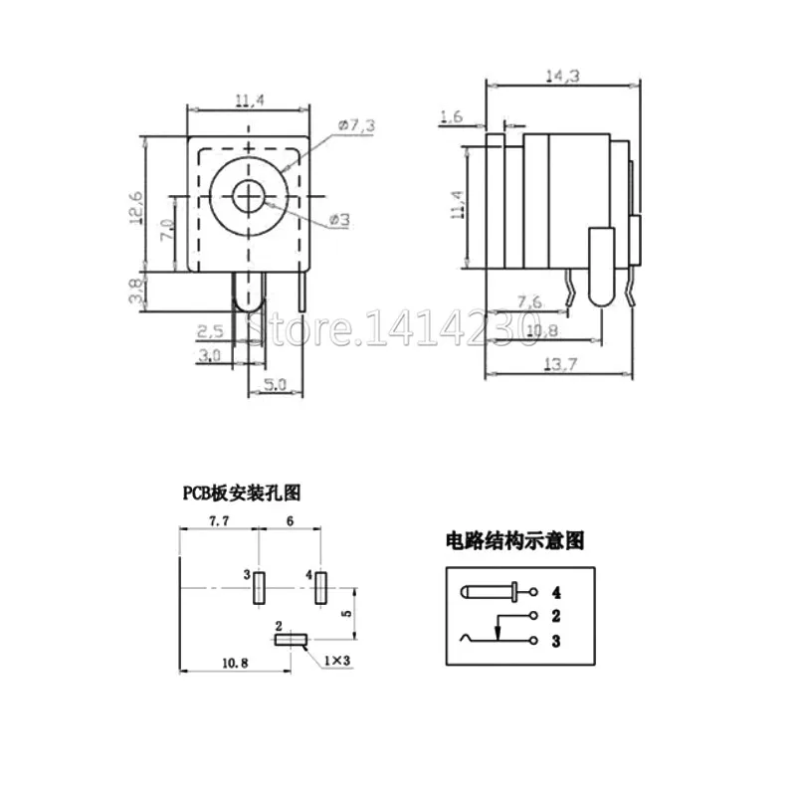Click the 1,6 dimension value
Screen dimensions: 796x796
point(451,117)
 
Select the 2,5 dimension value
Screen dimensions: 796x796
point(212,328)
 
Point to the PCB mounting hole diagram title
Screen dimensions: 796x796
point(239,491)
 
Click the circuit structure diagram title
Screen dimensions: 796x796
point(512,541)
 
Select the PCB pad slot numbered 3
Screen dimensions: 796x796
point(259,589)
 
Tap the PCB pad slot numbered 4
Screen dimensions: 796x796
point(320,589)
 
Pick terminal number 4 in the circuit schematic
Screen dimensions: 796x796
point(542,594)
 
